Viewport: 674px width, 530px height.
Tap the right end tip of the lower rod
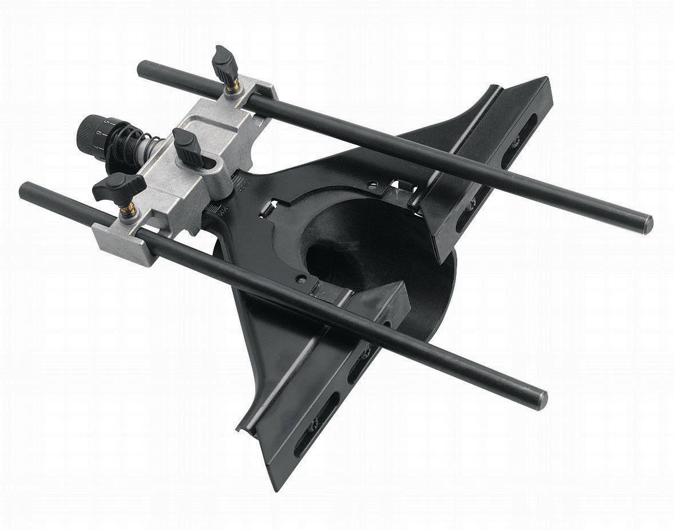coord(541,399)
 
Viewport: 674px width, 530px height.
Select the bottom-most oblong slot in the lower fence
coord(305,441)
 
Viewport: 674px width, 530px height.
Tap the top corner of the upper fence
coord(546,80)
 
